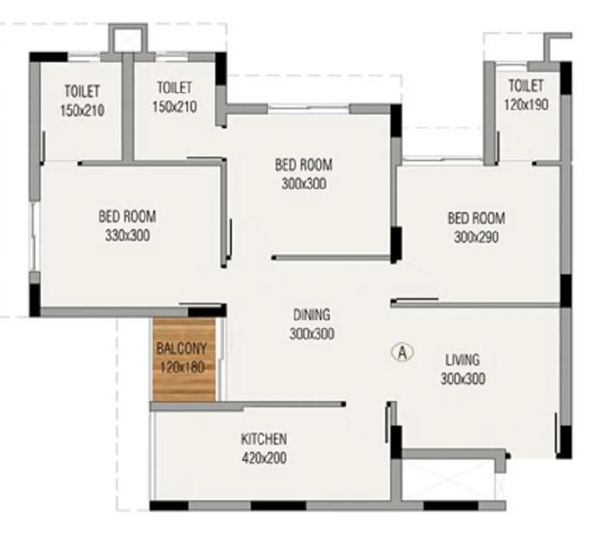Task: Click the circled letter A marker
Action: pos(402,353)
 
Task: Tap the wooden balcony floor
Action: pos(183,360)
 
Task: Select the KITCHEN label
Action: pos(264,439)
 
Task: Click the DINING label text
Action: pos(312,315)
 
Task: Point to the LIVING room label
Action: pos(463,360)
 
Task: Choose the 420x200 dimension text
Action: pos(264,458)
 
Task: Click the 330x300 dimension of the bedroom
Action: pos(127,235)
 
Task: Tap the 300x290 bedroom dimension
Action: pos(476,237)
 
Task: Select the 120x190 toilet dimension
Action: pos(526,104)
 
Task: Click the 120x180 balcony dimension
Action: pos(183,367)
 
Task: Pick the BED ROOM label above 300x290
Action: pos(476,218)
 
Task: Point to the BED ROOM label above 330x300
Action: pos(127,217)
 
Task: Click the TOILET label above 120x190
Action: pos(526,85)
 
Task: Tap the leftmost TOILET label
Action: pos(82,91)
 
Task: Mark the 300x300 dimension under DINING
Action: pos(312,333)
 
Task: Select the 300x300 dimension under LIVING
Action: pos(463,379)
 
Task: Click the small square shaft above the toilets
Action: pos(128,38)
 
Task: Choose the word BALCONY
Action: pos(181,348)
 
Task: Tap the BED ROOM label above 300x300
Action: pos(303,164)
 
